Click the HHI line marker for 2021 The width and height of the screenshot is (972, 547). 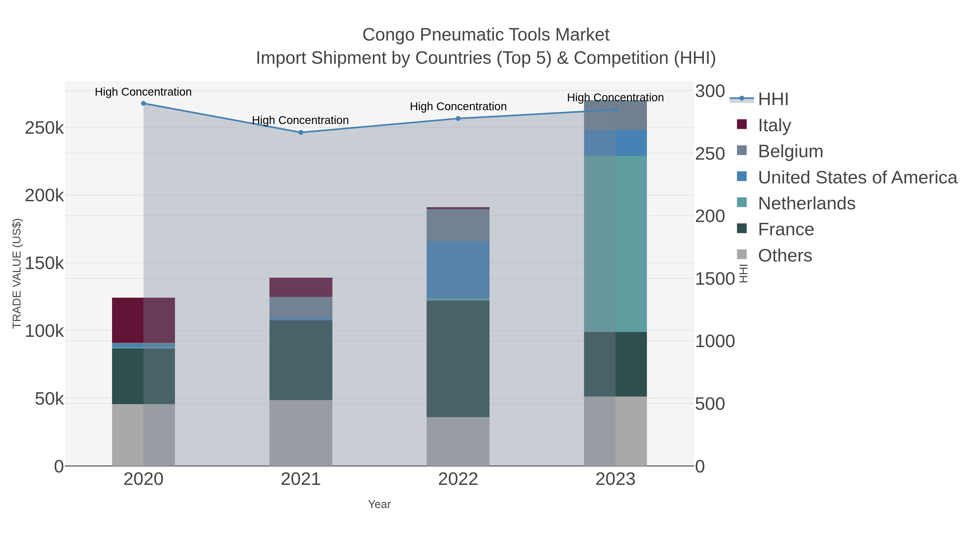tap(301, 133)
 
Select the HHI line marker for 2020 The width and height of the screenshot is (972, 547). tap(143, 103)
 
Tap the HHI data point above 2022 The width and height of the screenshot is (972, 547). tap(458, 119)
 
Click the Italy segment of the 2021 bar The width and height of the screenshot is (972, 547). tap(301, 287)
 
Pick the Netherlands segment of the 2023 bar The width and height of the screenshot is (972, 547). tap(615, 244)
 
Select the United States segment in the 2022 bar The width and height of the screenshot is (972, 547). tap(458, 270)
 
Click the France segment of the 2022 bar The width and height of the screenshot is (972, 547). tap(458, 359)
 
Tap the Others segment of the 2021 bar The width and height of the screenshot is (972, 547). tap(301, 433)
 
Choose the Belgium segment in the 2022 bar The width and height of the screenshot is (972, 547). tap(458, 225)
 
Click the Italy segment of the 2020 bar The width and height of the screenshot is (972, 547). tap(143, 320)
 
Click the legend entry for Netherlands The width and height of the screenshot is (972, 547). tap(806, 203)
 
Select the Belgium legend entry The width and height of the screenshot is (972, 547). tap(790, 151)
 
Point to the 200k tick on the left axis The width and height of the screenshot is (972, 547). tap(44, 196)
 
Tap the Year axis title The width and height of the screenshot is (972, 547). tap(379, 504)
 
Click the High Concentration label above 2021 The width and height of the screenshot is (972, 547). tap(300, 120)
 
